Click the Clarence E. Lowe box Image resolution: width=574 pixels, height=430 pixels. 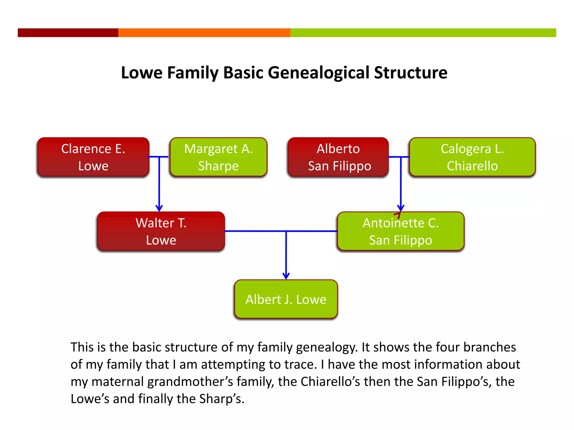93,157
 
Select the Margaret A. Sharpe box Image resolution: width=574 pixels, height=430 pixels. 218,157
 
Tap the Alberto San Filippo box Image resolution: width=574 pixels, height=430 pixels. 338,157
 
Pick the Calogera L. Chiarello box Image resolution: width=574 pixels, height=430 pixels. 472,157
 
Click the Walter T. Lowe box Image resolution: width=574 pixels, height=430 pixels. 161,231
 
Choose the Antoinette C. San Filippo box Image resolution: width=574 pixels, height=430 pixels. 401,231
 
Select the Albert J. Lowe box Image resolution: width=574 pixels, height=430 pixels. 286,299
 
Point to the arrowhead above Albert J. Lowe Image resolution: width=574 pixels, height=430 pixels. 286,276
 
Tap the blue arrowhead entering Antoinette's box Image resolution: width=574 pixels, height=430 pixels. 401,208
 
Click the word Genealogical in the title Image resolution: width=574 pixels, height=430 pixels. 319,73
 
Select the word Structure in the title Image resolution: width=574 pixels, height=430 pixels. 411,73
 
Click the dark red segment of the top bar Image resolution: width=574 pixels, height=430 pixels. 68,33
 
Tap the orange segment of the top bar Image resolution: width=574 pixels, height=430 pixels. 204,33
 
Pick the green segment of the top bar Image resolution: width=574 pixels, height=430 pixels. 423,33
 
